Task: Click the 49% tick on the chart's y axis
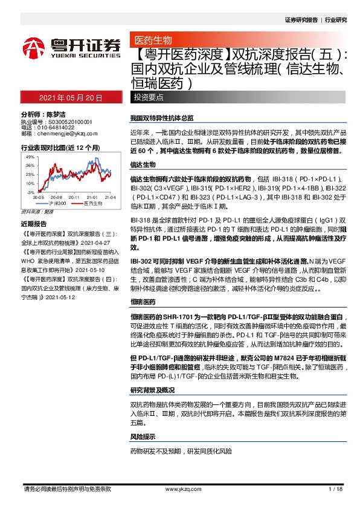[x=29, y=157]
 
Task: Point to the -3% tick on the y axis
[x=30, y=192]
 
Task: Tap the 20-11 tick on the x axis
[x=75, y=197]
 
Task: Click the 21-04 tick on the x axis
[x=110, y=197]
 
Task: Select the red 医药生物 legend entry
[x=89, y=204]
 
